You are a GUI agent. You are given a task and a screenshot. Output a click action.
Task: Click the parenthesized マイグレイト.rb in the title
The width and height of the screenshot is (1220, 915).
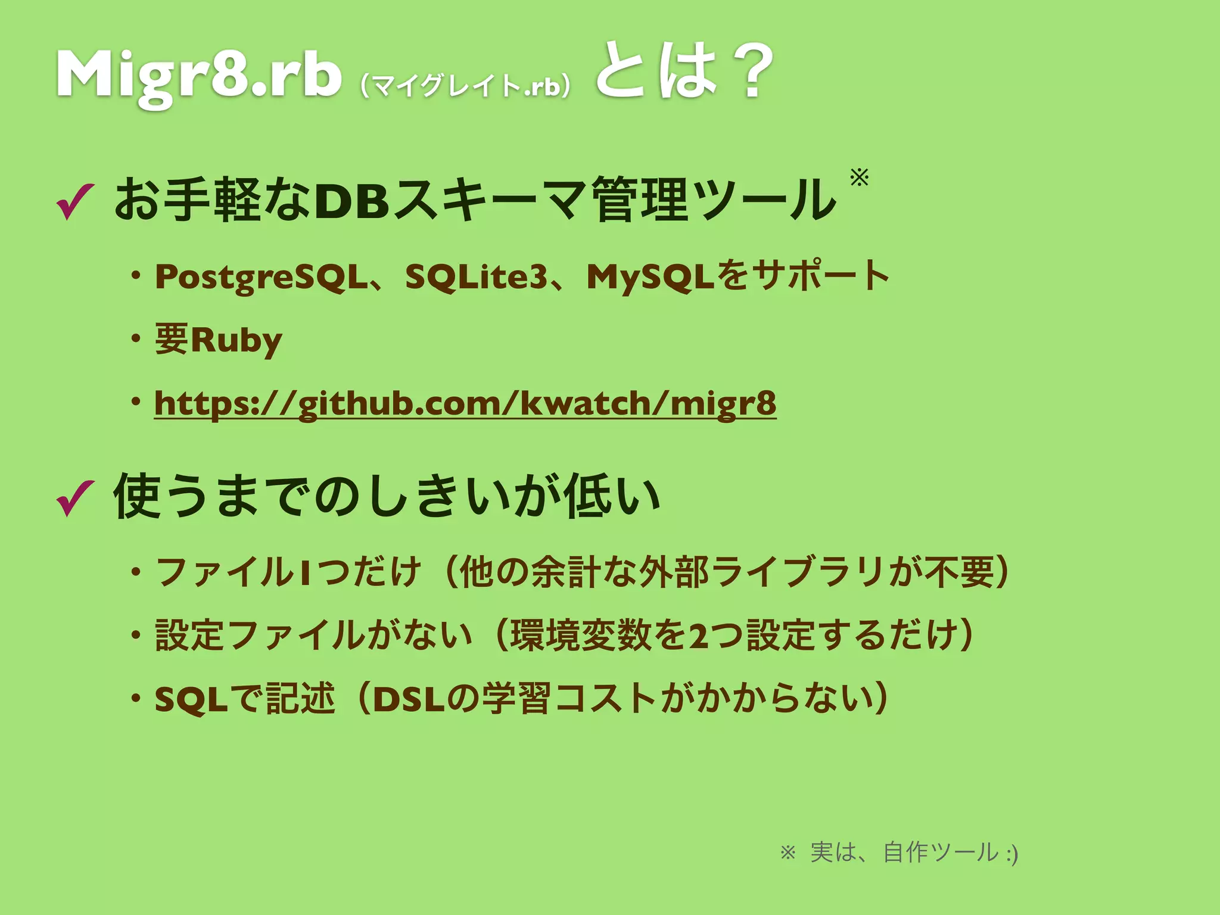point(465,87)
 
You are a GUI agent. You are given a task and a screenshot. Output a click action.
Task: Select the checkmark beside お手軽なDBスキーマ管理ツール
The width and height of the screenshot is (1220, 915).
point(74,201)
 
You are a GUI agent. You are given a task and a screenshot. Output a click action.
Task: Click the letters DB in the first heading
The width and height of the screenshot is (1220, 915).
point(351,201)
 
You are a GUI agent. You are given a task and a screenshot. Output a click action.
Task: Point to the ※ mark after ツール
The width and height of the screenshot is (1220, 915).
point(859,177)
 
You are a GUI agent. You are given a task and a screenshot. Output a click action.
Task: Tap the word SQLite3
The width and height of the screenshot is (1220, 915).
point(475,277)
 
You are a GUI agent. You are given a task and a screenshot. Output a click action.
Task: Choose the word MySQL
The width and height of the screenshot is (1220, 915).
point(650,277)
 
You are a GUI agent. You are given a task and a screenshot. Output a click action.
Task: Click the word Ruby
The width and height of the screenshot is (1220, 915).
point(236,341)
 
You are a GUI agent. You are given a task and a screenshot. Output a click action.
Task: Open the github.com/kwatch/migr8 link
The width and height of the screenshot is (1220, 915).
point(465,404)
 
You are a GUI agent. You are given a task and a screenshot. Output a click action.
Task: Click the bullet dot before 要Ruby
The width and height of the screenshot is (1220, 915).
point(136,339)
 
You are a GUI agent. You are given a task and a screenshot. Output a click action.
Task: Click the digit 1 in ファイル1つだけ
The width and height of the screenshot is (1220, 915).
point(304,572)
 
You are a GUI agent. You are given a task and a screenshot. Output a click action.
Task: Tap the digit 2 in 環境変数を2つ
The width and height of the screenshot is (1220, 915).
point(698,636)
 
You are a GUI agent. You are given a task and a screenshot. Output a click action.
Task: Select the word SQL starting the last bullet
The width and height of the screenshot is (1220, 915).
point(191,699)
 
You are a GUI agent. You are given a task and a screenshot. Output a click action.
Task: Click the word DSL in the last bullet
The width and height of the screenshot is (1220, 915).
point(409,699)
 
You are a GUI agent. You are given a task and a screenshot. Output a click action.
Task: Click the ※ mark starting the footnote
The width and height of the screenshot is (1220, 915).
point(788,853)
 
